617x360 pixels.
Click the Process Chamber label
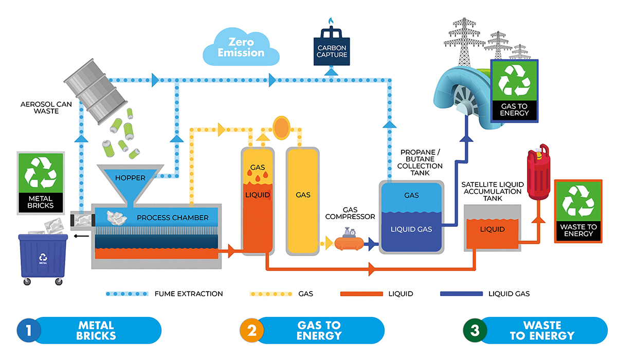[x=172, y=218]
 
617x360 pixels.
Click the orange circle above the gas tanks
[x=281, y=126]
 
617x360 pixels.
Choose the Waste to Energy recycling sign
[x=578, y=211]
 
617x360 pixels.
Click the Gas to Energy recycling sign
[x=514, y=88]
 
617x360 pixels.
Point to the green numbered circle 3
[x=475, y=330]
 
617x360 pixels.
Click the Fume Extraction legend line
[x=126, y=294]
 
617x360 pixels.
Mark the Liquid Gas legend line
[x=461, y=294]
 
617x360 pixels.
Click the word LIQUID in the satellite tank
[x=492, y=229]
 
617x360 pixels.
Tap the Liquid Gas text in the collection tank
[x=411, y=229]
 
